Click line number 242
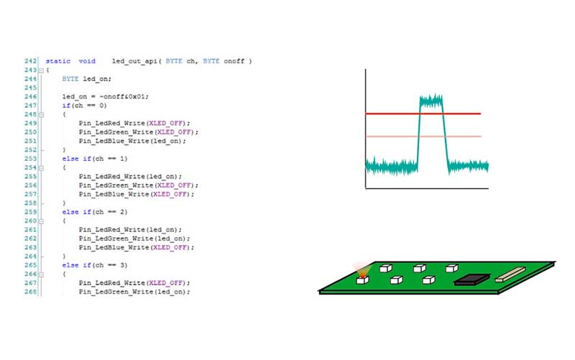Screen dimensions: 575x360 30,61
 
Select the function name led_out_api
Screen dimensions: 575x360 134,61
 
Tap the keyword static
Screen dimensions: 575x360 58,61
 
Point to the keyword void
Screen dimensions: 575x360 87,61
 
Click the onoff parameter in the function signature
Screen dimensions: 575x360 234,61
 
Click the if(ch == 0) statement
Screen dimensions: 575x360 84,106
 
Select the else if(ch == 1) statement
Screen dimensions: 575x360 95,159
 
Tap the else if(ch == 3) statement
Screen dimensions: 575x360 95,265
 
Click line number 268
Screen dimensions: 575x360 30,292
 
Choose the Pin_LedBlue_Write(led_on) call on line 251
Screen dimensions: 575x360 132,141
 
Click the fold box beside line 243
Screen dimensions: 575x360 41,70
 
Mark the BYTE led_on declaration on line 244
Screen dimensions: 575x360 86,79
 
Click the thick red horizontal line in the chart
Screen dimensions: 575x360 423,114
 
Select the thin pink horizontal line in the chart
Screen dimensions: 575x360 423,137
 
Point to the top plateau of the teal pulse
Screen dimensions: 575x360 431,101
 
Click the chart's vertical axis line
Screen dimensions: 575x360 365,129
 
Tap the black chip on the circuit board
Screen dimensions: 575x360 471,280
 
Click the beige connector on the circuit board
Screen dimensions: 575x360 510,274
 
